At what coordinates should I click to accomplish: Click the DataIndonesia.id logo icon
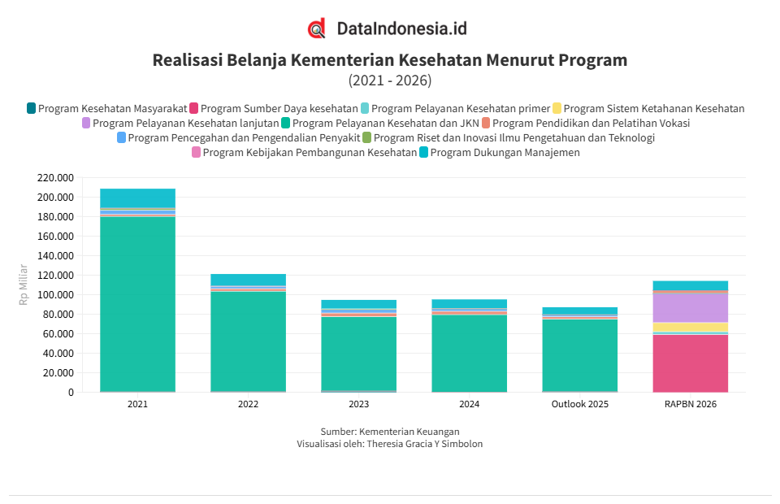point(317,28)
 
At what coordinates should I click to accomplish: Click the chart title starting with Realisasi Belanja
point(390,60)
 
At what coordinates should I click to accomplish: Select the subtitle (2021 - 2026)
point(390,80)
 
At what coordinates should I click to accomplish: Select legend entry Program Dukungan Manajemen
point(505,152)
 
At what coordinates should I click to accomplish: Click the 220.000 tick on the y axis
point(55,178)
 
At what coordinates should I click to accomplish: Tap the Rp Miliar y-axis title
point(24,285)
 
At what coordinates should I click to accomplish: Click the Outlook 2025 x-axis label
point(579,404)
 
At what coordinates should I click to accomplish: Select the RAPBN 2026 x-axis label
point(690,404)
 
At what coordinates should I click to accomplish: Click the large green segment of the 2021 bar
point(137,301)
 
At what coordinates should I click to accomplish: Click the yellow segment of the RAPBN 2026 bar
point(690,327)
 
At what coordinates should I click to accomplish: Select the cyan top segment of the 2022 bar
point(248,280)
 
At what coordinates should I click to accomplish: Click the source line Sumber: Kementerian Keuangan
point(390,432)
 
